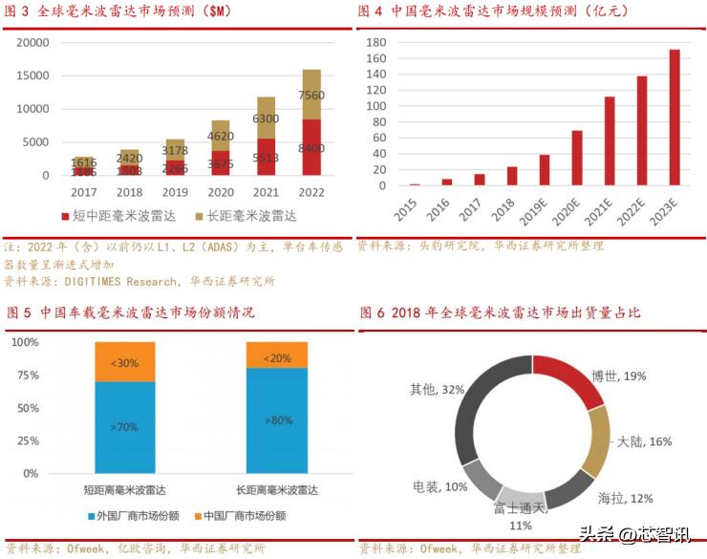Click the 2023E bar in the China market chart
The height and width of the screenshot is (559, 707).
click(675, 118)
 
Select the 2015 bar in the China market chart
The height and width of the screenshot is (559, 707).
click(415, 184)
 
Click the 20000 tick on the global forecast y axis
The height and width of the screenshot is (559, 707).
click(33, 43)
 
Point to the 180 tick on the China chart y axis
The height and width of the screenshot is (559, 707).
click(375, 43)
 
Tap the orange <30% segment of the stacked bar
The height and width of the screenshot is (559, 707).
click(124, 362)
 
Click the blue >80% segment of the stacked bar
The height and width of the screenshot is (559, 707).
click(277, 419)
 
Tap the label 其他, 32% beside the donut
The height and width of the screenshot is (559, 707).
click(437, 389)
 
